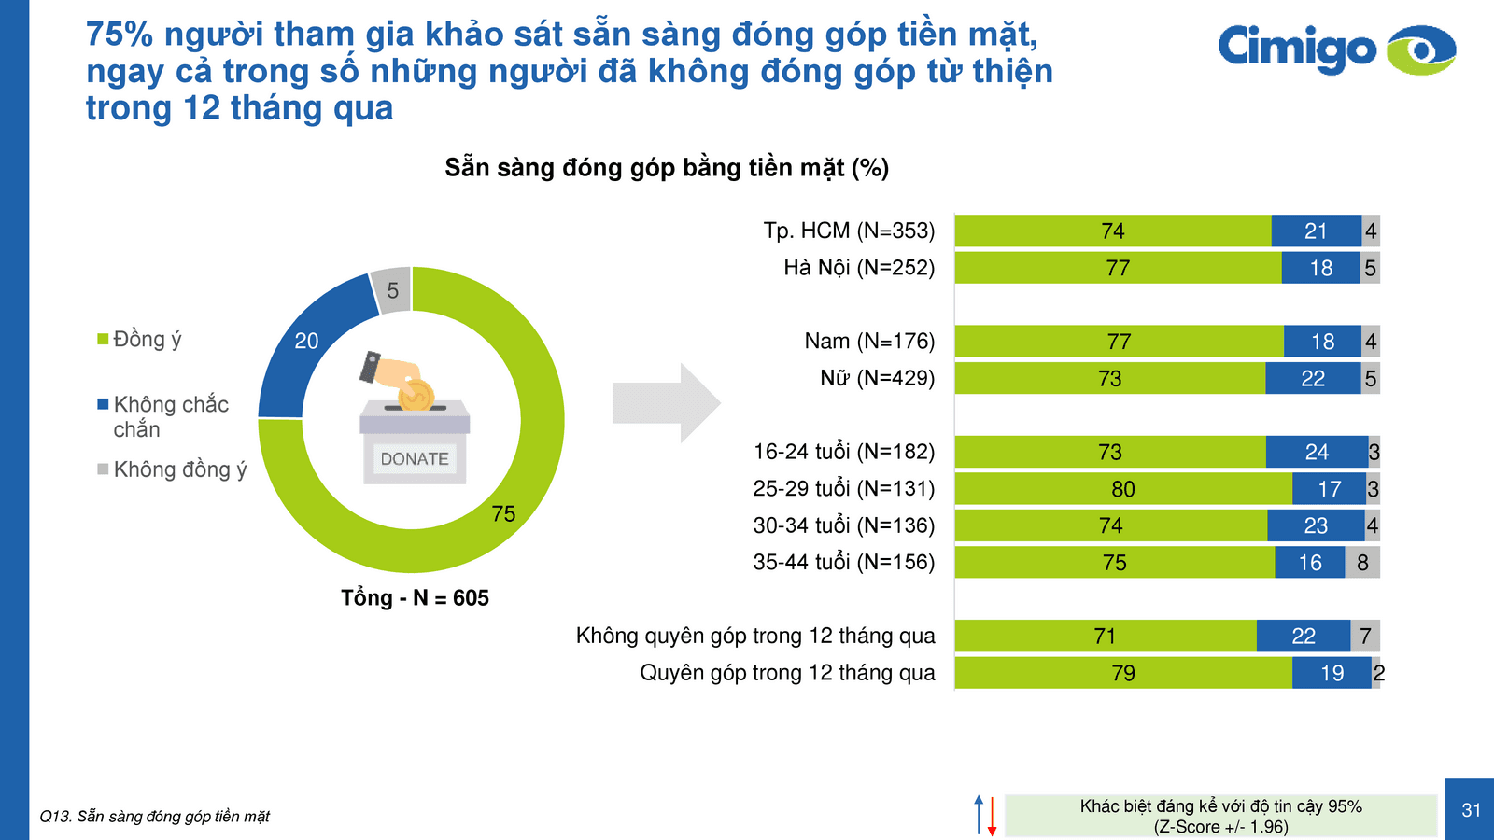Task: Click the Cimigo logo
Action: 1335,49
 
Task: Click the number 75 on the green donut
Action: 503,514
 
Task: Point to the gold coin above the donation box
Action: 416,395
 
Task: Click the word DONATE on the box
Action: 415,459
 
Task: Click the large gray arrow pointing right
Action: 666,403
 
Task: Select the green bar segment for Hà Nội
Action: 1118,269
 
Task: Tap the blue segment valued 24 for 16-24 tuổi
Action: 1317,453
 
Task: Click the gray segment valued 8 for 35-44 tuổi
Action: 1362,563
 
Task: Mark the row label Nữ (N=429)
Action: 877,379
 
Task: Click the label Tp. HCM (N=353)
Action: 849,231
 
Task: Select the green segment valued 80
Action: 1122,489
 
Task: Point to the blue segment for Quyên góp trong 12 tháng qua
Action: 1332,674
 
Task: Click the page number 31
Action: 1471,810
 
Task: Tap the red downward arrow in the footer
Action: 992,816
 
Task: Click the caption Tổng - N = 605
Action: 415,598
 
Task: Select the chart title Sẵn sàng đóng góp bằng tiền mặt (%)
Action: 667,168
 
